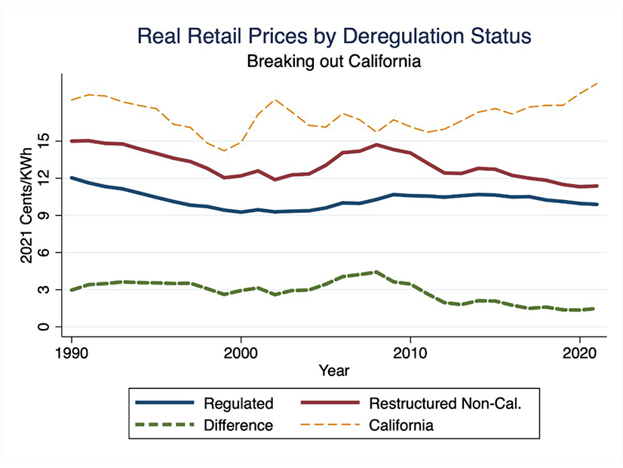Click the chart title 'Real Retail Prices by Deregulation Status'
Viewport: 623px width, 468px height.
pyautogui.click(x=333, y=35)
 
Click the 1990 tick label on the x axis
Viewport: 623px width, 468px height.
pyautogui.click(x=72, y=352)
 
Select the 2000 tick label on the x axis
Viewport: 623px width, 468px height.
pyautogui.click(x=241, y=352)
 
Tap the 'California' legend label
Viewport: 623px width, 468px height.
pyautogui.click(x=401, y=425)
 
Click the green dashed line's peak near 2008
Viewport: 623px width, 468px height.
pyautogui.click(x=376, y=272)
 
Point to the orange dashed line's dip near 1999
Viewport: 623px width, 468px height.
pyautogui.click(x=224, y=150)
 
